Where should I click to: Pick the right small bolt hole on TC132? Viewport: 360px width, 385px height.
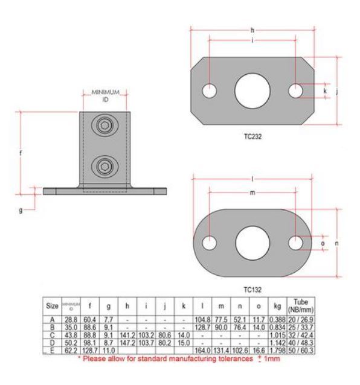[295, 243]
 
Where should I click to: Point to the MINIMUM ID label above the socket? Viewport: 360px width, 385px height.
[106, 95]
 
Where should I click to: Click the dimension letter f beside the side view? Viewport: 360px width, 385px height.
[21, 153]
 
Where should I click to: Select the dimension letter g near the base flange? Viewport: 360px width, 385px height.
[22, 211]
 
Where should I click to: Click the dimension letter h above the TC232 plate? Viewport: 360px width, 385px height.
[252, 29]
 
